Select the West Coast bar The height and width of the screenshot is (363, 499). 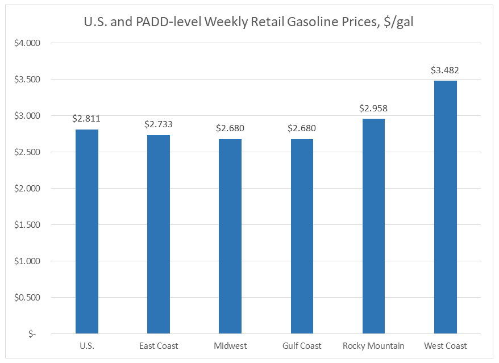click(x=445, y=207)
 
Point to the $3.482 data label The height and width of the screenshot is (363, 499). click(x=445, y=70)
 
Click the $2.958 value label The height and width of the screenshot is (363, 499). click(x=373, y=109)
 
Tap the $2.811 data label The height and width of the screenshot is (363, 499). click(x=86, y=119)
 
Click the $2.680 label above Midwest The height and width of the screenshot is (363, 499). click(x=230, y=128)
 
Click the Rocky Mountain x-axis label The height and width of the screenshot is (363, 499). click(x=373, y=346)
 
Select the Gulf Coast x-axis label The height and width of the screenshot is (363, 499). click(x=302, y=346)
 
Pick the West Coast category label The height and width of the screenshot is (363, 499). click(x=445, y=346)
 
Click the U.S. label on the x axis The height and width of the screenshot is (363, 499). click(x=86, y=346)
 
